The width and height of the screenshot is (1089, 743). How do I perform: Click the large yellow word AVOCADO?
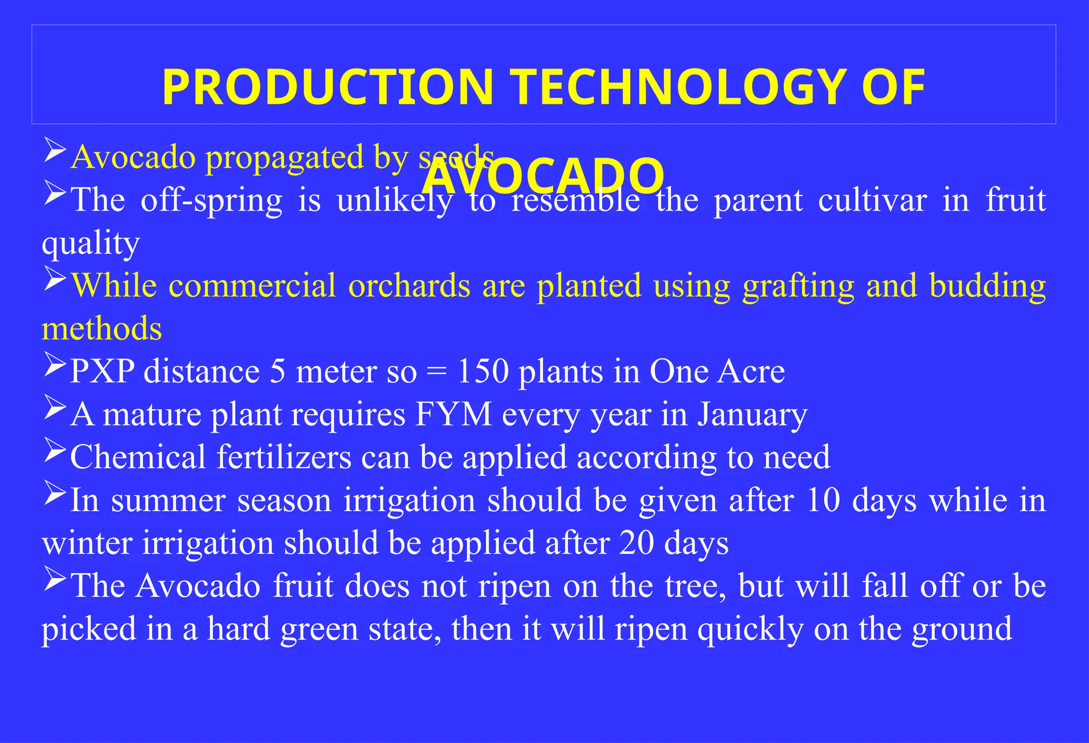pyautogui.click(x=543, y=176)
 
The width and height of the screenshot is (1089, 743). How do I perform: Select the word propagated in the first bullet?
pyautogui.click(x=284, y=158)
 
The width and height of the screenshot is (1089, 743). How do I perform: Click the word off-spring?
pyautogui.click(x=211, y=201)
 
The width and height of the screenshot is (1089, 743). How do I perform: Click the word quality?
pyautogui.click(x=90, y=244)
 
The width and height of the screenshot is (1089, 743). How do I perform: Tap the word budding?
pyautogui.click(x=987, y=286)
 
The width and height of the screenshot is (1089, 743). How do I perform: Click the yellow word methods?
pyautogui.click(x=102, y=329)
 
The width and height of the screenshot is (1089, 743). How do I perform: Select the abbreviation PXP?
pyautogui.click(x=102, y=371)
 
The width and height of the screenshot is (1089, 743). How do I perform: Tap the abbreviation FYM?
pyautogui.click(x=453, y=414)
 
